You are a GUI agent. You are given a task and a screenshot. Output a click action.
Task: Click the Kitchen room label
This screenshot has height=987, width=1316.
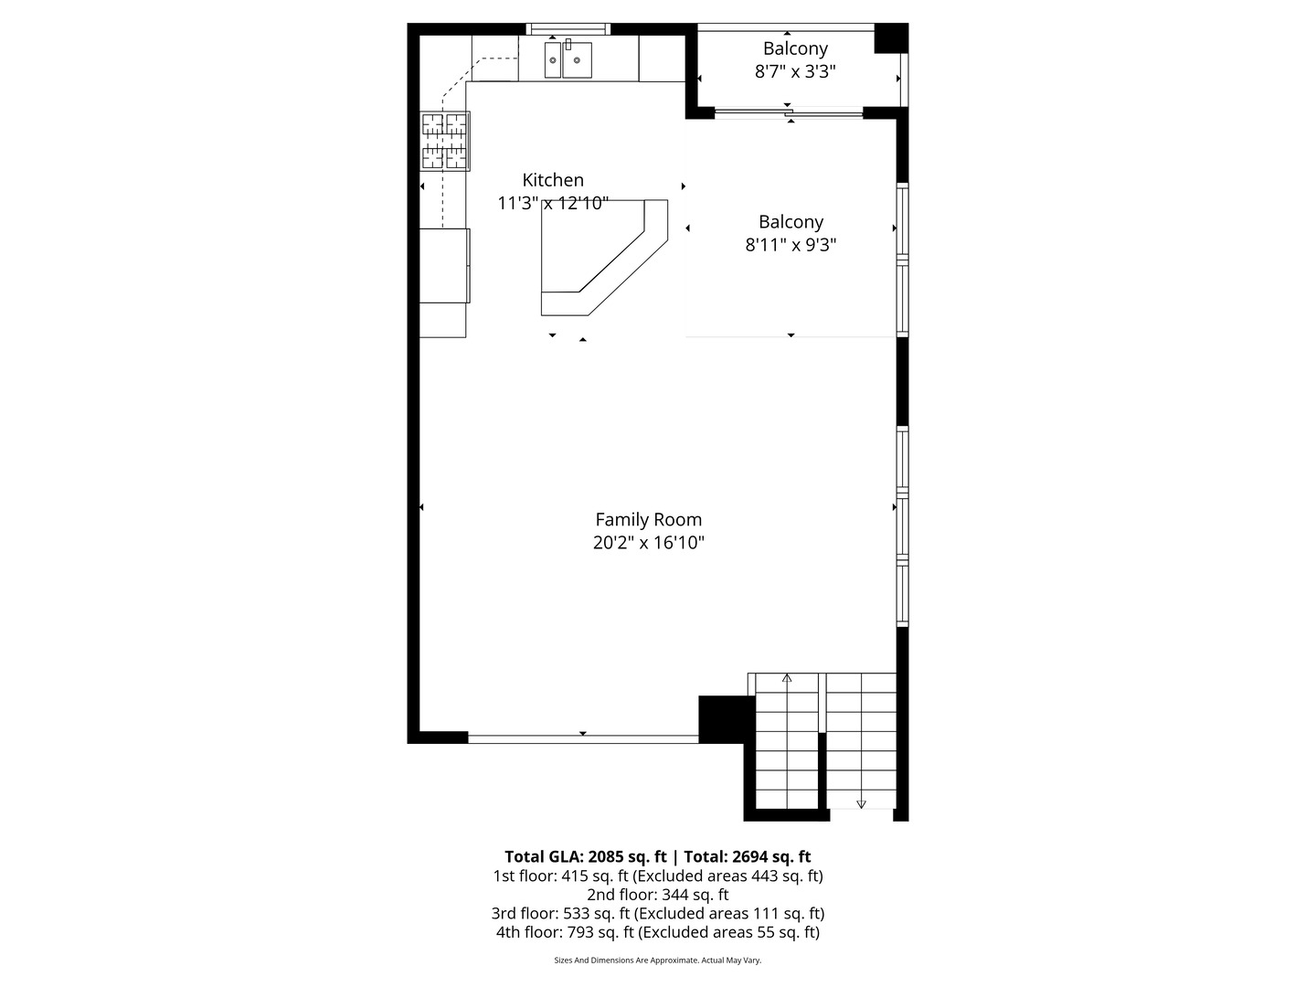pos(552,180)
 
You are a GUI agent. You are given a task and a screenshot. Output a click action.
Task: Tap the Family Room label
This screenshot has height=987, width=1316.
pos(648,519)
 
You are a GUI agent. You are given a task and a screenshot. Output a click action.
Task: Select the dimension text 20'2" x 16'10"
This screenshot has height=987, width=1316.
pos(648,543)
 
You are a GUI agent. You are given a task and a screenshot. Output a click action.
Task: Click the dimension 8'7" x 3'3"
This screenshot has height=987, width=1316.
pos(795,71)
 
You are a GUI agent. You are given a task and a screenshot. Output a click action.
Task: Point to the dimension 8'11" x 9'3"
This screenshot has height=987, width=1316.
pos(791,245)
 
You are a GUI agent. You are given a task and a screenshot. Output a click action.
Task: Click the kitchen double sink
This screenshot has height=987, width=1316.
pos(568,60)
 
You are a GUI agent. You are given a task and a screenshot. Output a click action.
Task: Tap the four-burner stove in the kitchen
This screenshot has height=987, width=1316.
pos(445,141)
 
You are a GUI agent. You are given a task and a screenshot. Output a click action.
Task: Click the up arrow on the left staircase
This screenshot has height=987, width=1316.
pos(787,678)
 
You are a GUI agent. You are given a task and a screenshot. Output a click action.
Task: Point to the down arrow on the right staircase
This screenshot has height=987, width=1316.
pos(861,803)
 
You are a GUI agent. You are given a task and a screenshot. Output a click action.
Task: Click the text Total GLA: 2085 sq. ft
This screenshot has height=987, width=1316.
pos(585,856)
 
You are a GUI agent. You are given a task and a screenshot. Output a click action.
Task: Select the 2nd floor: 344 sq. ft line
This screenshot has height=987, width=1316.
pos(657,895)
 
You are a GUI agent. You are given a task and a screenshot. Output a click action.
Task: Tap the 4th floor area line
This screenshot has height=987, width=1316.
pos(657,932)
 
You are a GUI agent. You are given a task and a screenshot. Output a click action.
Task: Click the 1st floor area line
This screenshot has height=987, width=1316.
pos(657,876)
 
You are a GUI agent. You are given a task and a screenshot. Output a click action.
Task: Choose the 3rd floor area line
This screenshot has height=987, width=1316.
pos(657,913)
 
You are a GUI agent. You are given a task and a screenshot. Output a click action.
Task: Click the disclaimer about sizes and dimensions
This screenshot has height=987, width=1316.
pos(657,960)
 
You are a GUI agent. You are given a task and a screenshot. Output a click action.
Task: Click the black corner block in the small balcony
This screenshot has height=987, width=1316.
pos(890,38)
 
